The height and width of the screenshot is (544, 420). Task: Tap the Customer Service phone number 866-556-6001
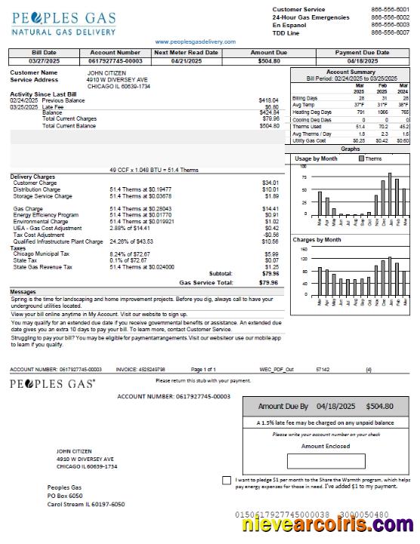pos(390,9)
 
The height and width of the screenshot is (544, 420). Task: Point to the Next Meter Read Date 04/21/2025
pos(185,60)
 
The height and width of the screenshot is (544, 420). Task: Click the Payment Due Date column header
pos(363,53)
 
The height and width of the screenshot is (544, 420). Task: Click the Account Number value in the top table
pos(115,60)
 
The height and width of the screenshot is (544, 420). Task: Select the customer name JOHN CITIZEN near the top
pos(107,72)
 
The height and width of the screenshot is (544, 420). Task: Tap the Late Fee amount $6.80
pos(271,106)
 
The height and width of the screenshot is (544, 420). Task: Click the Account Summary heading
pos(351,72)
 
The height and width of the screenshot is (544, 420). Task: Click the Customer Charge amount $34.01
pos(270,183)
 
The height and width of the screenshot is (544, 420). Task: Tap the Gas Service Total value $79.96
pos(268,282)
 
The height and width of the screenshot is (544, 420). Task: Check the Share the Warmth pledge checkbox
pos(227,480)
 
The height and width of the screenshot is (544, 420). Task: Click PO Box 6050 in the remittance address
pos(65,496)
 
